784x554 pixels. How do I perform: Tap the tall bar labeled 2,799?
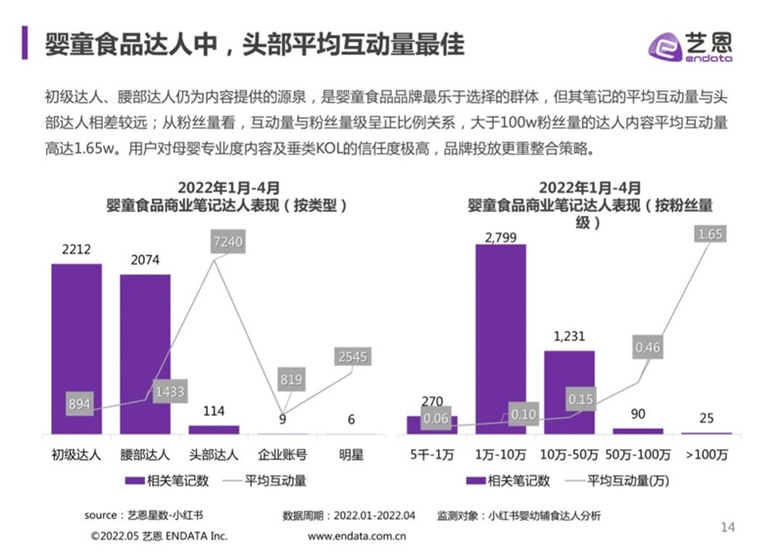tap(500, 338)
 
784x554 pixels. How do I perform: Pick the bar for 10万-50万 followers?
tap(568, 392)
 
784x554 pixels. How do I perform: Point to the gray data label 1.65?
tap(710, 234)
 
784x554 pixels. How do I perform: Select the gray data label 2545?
tap(352, 357)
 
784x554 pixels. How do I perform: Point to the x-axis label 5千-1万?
tap(431, 455)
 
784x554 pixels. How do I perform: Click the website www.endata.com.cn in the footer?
tap(358, 536)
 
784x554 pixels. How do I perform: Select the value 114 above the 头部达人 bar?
tap(214, 412)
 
